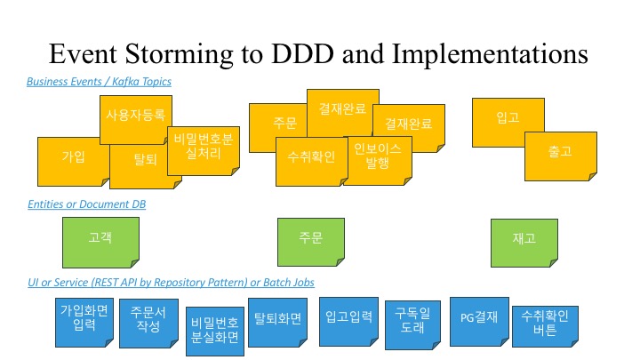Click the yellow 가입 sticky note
click(71, 158)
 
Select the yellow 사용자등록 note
click(135, 116)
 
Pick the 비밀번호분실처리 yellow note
click(204, 148)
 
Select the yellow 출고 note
click(560, 153)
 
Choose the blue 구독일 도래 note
click(412, 320)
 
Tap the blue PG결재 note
click(478, 317)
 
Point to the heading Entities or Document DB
click(87, 204)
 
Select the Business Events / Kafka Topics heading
click(100, 82)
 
